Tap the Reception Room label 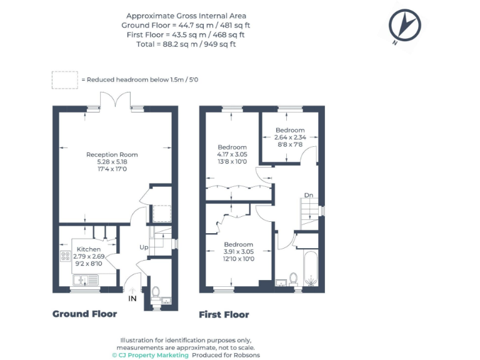pyautogui.click(x=112, y=154)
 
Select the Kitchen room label pyautogui.click(x=88, y=249)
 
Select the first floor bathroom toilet pyautogui.click(x=293, y=277)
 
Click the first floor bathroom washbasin pyautogui.click(x=281, y=283)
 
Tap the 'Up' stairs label pyautogui.click(x=144, y=247)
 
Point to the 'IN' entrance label pyautogui.click(x=132, y=299)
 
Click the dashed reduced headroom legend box pyautogui.click(x=64, y=79)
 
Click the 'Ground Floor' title pyautogui.click(x=84, y=314)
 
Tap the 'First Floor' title pyautogui.click(x=224, y=314)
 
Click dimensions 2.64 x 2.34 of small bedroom pyautogui.click(x=290, y=137)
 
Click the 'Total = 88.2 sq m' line pyautogui.click(x=186, y=44)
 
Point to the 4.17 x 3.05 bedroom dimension pyautogui.click(x=232, y=154)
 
